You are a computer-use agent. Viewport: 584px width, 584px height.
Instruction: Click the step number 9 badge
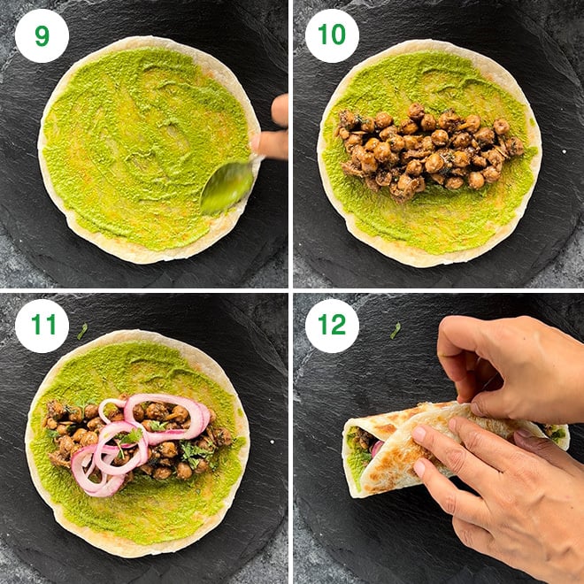[42, 35]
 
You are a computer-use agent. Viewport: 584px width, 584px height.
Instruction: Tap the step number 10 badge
[332, 35]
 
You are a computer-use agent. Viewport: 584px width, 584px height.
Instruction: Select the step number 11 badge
[42, 326]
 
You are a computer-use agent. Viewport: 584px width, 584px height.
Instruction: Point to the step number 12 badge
[332, 326]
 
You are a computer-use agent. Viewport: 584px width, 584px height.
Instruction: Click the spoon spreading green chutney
[227, 186]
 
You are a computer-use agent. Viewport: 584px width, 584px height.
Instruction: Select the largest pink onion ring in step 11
[165, 417]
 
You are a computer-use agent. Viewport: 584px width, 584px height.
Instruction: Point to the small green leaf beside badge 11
[82, 331]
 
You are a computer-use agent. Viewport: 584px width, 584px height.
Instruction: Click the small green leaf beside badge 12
[396, 330]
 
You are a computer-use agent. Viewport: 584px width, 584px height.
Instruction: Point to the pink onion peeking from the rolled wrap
[376, 448]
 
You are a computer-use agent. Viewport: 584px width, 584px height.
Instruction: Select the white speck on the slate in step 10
[565, 151]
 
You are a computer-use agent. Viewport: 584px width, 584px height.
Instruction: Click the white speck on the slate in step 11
[273, 442]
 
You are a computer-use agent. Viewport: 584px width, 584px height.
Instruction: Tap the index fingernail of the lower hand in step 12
[419, 434]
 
